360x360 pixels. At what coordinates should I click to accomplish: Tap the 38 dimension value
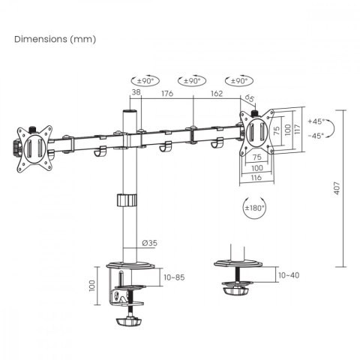[136, 94]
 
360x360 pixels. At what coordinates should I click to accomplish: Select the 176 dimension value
[167, 94]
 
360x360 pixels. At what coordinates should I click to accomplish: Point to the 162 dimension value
[216, 94]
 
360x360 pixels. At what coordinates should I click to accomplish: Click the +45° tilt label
[316, 121]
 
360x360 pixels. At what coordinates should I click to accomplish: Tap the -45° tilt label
[316, 136]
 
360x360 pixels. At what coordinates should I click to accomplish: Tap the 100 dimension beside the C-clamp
[91, 286]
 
